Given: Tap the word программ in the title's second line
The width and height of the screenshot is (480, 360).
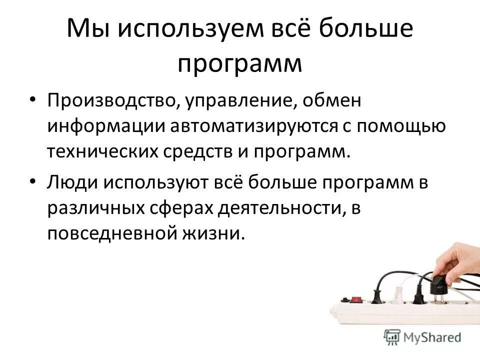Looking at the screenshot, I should pos(240,64).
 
